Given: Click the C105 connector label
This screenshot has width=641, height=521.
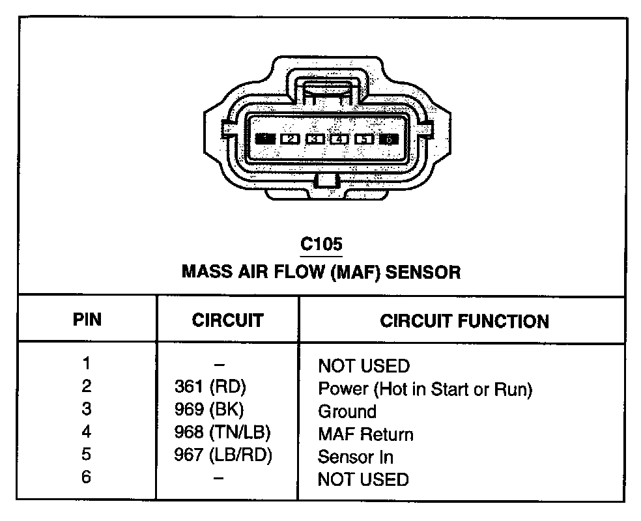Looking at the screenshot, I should coord(320,245).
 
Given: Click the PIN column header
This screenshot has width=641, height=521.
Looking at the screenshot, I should coord(87,320).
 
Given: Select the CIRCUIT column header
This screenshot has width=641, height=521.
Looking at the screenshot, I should coord(227,320).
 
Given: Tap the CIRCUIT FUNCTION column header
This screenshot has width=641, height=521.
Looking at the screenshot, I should coord(464,321).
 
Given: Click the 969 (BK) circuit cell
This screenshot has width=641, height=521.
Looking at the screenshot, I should coord(209,410).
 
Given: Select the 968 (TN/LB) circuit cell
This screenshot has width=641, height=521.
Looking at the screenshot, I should coord(222,432).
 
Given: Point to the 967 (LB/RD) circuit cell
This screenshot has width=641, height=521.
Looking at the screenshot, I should coord(223,455).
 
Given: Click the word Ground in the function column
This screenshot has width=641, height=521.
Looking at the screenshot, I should coord(347,412).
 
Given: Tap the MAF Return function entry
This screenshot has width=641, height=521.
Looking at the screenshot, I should coord(365,434).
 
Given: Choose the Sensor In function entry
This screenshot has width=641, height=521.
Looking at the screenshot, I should coord(356,457).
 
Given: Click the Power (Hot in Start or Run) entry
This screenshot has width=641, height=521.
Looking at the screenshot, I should coord(425,389).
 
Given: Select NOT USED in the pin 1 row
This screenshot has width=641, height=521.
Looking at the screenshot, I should coord(363,366).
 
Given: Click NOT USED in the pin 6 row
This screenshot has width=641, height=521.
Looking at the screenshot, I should coord(363,480).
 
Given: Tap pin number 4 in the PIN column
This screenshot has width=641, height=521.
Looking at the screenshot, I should coord(87,432).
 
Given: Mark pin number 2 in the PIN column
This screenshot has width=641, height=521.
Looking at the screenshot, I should coord(87,386).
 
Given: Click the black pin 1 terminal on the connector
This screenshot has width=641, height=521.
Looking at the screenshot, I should coord(266,139).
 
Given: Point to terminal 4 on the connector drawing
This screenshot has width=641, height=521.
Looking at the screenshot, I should coord(339,139).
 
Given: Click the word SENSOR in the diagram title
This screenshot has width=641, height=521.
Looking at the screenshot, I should coord(423,272).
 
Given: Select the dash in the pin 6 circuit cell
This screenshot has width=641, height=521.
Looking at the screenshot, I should coord(219,479).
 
